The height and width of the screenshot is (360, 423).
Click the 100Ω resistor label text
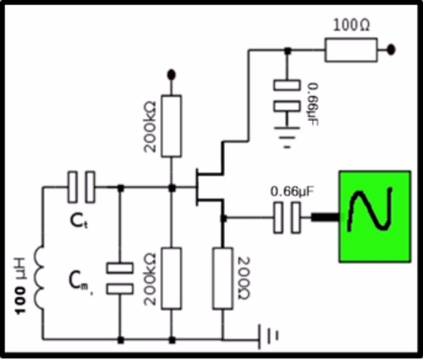pyautogui.click(x=351, y=26)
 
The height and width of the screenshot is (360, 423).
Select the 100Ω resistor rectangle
pyautogui.click(x=351, y=50)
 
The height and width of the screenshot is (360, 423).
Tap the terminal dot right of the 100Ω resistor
pyautogui.click(x=391, y=50)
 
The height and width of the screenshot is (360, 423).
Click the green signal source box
pyautogui.click(x=375, y=216)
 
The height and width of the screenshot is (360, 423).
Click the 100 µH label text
pyautogui.click(x=20, y=286)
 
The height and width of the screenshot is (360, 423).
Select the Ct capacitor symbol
pyautogui.click(x=81, y=187)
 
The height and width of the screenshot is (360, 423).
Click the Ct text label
pyautogui.click(x=79, y=221)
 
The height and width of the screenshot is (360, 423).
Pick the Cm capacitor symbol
pyautogui.click(x=120, y=278)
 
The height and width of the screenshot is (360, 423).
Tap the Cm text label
pyautogui.click(x=80, y=282)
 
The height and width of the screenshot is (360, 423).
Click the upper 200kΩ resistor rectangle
pyautogui.click(x=171, y=126)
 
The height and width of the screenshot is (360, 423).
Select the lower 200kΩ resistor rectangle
pyautogui.click(x=171, y=278)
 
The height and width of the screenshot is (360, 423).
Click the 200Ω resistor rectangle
pyautogui.click(x=222, y=278)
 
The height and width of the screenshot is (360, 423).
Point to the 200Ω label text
pyautogui.click(x=243, y=278)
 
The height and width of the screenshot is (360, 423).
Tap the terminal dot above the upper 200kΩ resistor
pyautogui.click(x=171, y=74)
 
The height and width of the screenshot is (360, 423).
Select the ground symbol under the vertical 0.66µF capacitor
pyautogui.click(x=287, y=137)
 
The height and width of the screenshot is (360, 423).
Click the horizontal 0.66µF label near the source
pyautogui.click(x=292, y=192)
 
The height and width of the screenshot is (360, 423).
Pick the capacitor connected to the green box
pyautogui.click(x=287, y=218)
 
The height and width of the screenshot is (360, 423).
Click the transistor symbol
pyautogui.click(x=209, y=187)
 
